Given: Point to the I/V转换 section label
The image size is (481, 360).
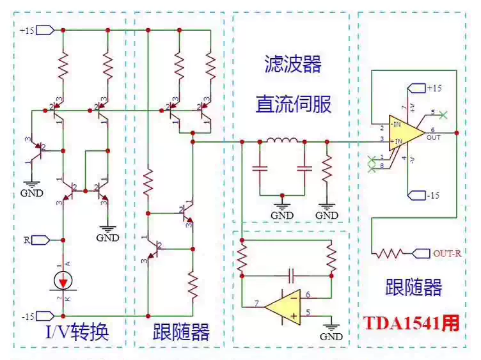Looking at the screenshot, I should pyautogui.click(x=77, y=333).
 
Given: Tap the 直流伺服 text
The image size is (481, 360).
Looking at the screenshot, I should pyautogui.click(x=294, y=104).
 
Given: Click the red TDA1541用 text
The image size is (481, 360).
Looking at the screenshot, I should pyautogui.click(x=412, y=323).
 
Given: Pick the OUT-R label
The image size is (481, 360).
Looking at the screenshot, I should pyautogui.click(x=448, y=253).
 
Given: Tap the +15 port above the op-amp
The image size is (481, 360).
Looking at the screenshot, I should pyautogui.click(x=423, y=88).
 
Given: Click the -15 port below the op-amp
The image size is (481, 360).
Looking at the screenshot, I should pyautogui.click(x=423, y=194).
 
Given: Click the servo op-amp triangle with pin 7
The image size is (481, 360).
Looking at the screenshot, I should pyautogui.click(x=284, y=306).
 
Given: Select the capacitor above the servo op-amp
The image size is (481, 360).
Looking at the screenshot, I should pyautogui.click(x=291, y=275).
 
